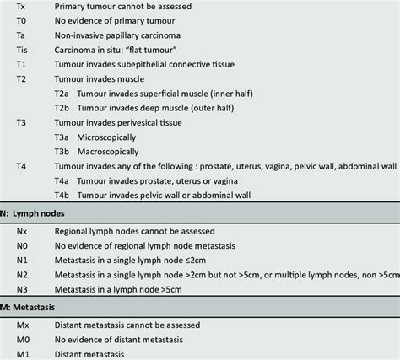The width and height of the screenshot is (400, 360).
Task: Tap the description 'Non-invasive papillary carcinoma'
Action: [130, 37]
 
